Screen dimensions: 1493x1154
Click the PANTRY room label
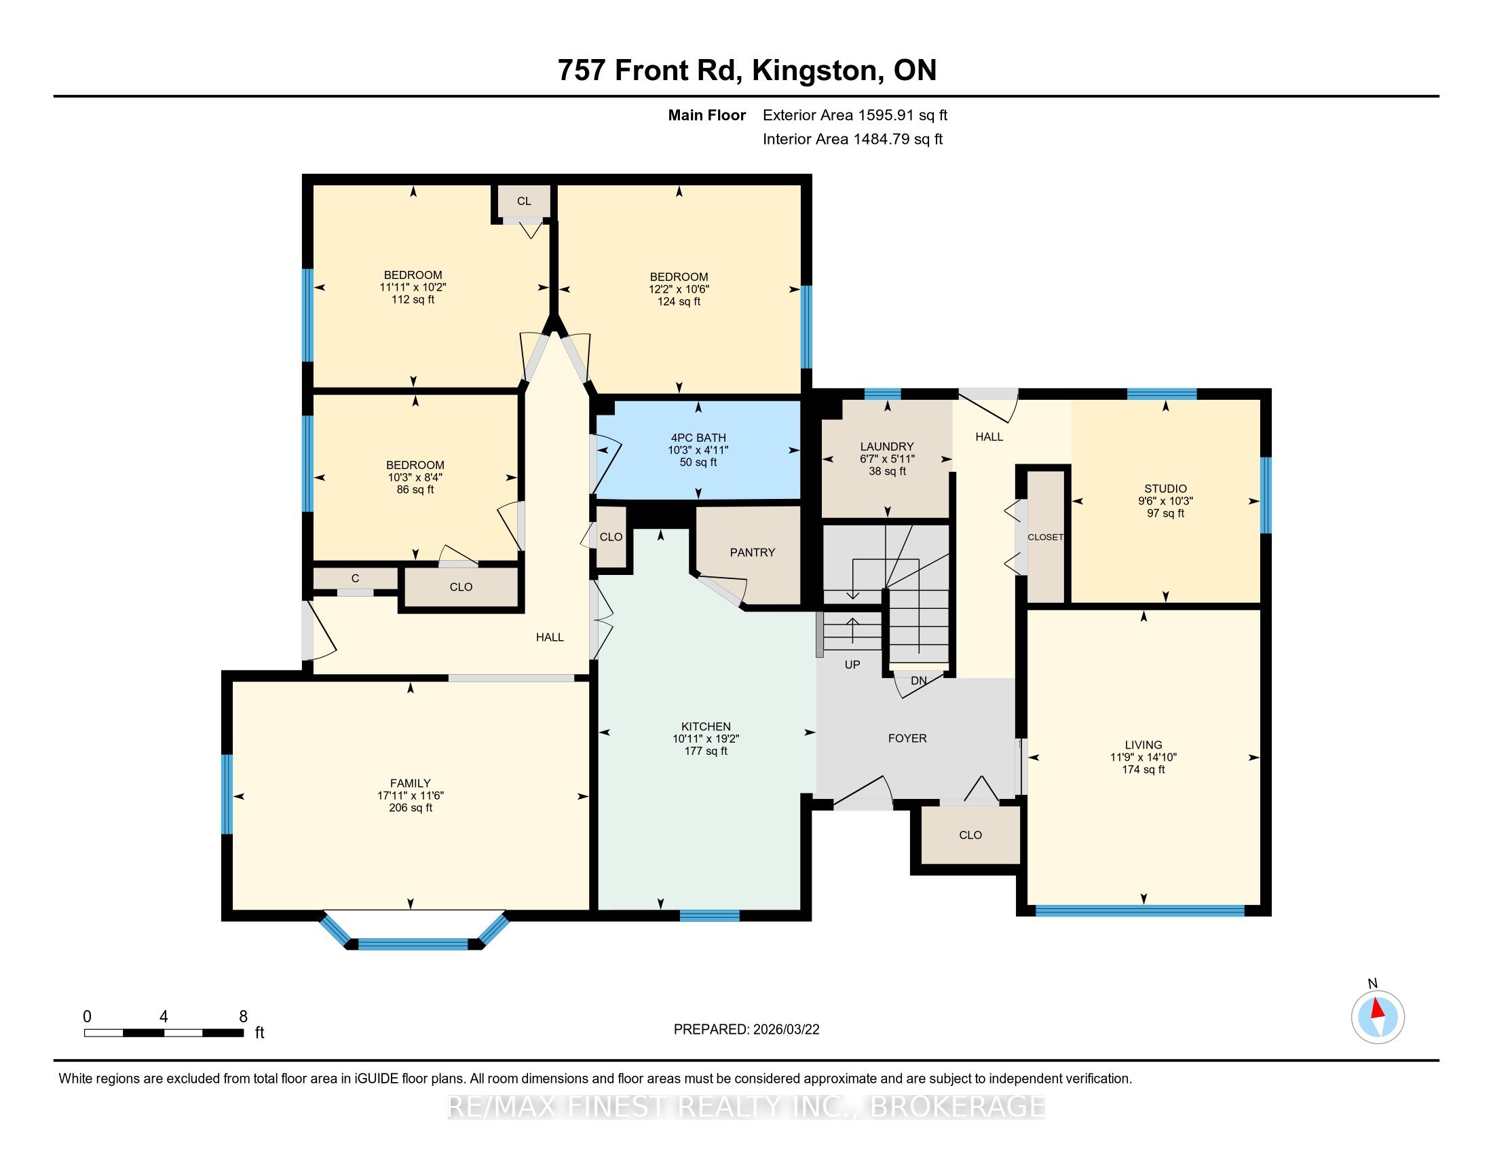[x=752, y=553]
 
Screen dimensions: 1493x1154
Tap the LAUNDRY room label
[x=887, y=447]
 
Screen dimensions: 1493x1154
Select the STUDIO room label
[x=1165, y=489]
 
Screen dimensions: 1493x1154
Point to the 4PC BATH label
[x=698, y=438]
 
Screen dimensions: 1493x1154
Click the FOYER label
[x=907, y=739]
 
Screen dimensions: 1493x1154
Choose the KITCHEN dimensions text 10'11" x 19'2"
[x=706, y=739]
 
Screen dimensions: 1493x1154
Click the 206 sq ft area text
[x=410, y=808]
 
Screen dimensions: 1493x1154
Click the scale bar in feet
[x=164, y=1033]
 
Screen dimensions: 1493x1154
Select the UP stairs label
[x=852, y=665]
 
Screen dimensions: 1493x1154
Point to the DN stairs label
[x=919, y=681]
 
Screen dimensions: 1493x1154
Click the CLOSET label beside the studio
[x=1045, y=538]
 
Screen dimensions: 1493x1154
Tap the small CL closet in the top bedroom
[x=524, y=201]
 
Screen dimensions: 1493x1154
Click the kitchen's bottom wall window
[x=710, y=916]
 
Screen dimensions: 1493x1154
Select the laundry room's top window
[x=882, y=394]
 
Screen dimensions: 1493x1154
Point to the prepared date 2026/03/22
[x=785, y=1030]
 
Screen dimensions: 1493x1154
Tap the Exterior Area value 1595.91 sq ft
[x=902, y=115]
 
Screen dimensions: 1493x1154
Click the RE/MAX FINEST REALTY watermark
[x=746, y=1106]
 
